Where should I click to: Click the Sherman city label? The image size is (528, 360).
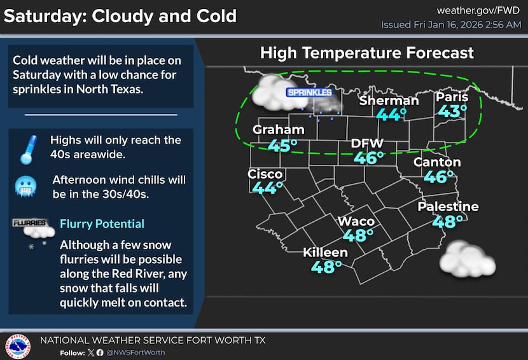389,100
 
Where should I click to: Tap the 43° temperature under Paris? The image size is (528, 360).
452,111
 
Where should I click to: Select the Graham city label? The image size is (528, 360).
278,130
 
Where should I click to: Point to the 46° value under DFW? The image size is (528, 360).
368,158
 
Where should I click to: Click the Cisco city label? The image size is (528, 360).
265,174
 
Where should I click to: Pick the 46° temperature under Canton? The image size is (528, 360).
438,177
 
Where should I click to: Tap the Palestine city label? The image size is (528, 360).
448,207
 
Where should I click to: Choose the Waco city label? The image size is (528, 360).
356,221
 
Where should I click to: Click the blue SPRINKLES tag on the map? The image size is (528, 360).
309,93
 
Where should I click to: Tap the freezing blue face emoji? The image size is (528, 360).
26,186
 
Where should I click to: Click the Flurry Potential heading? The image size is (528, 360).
102,224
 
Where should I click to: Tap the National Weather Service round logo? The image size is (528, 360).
18,346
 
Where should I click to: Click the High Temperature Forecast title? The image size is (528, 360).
366,53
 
